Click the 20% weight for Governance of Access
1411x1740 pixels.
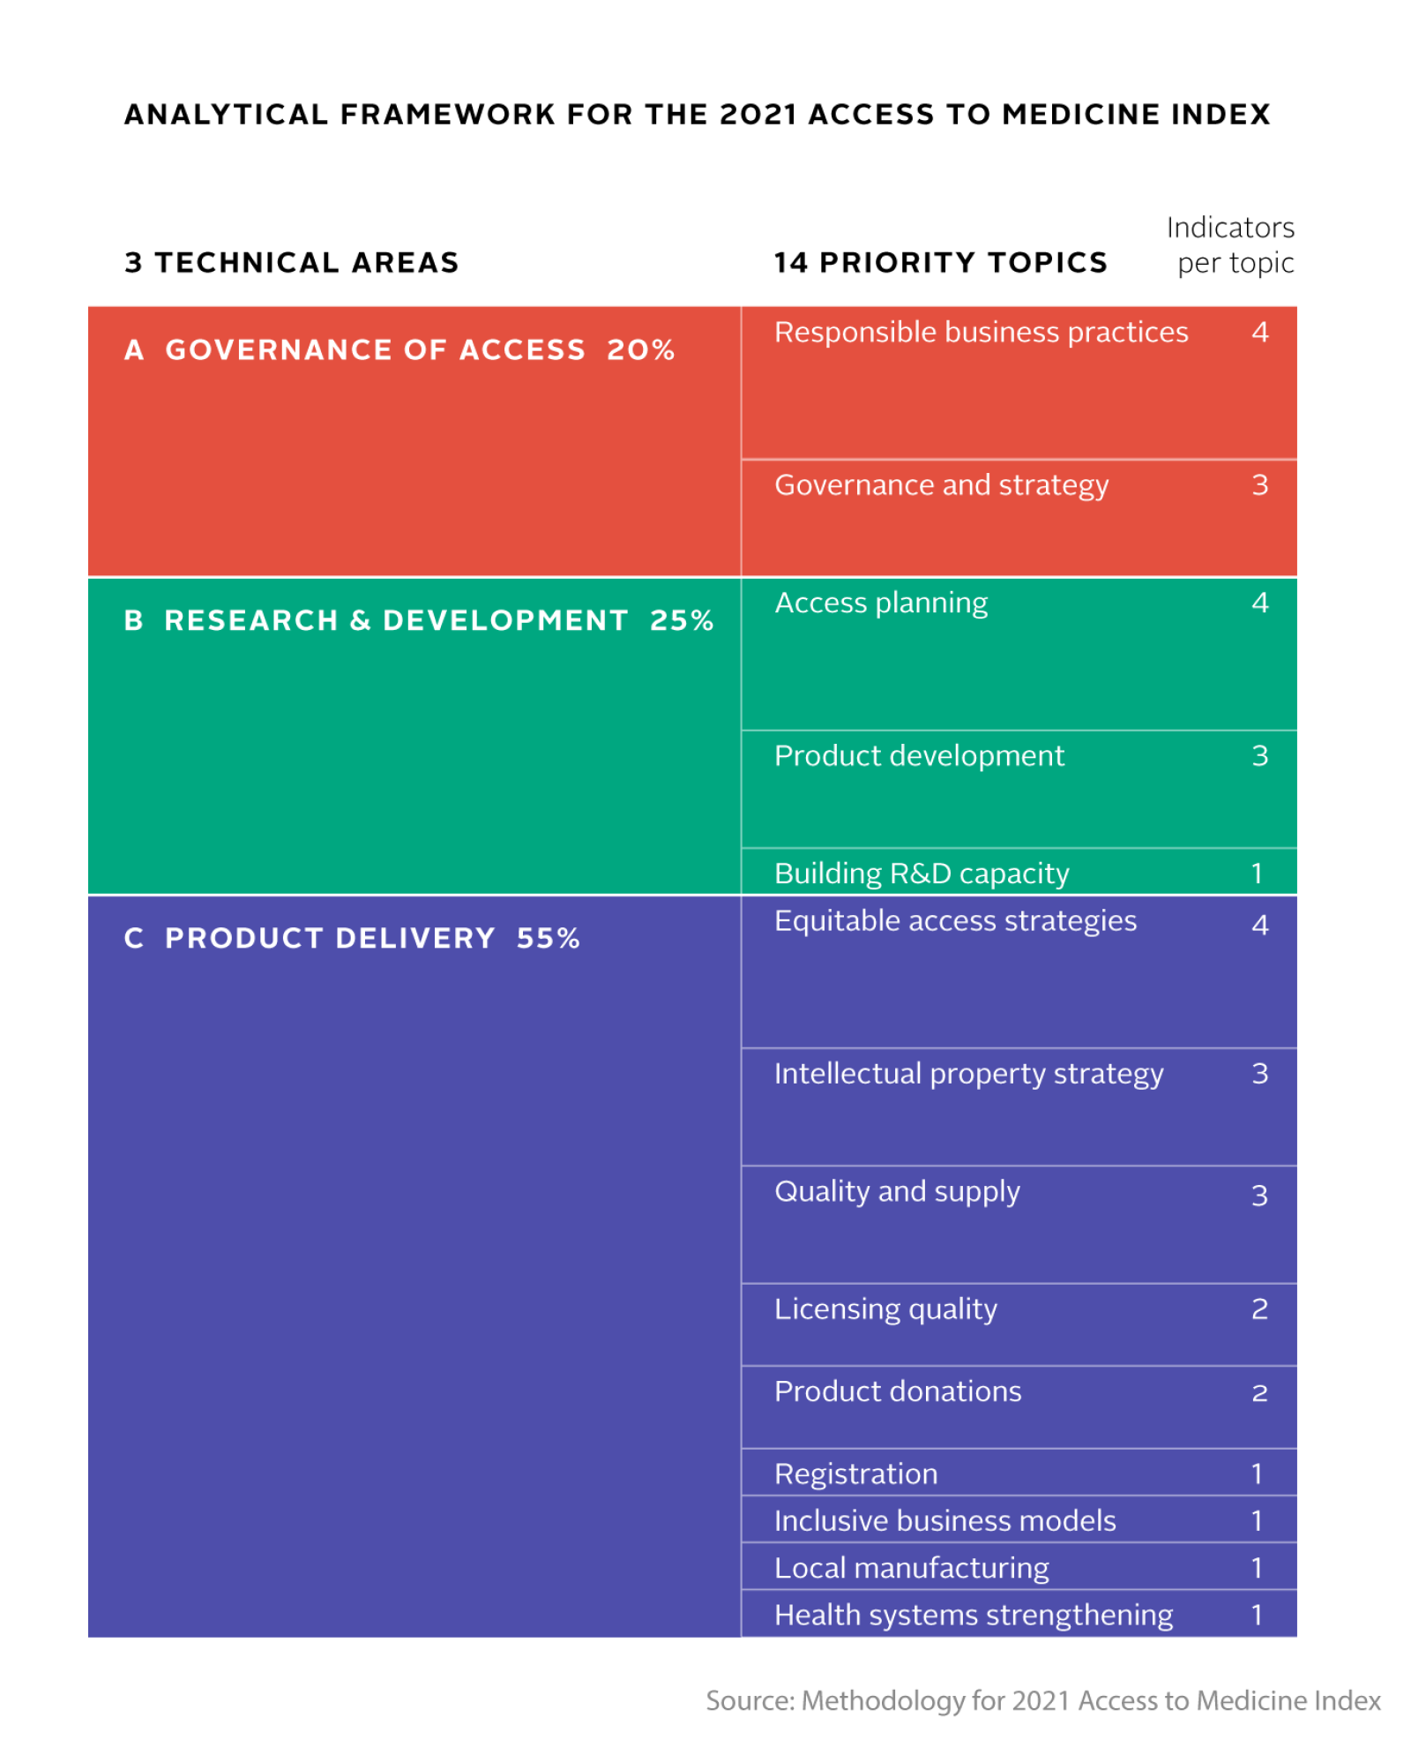point(640,350)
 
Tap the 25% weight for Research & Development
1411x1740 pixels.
point(681,620)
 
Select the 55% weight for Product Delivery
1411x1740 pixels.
point(548,938)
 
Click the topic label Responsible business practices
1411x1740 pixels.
point(981,333)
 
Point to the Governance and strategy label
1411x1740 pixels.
point(941,485)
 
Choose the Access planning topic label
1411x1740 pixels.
point(881,603)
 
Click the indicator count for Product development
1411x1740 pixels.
point(1259,756)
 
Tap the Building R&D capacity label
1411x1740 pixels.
point(921,874)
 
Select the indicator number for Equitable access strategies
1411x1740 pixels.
point(1259,925)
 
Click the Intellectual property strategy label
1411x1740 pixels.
point(968,1074)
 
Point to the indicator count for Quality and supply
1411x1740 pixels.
point(1259,1196)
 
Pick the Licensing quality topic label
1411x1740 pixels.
point(885,1309)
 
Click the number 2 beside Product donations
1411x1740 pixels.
point(1259,1393)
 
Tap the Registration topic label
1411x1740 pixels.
point(855,1474)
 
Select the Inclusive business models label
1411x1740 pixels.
point(944,1520)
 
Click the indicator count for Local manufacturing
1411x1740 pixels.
point(1257,1568)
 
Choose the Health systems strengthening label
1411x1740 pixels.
point(973,1615)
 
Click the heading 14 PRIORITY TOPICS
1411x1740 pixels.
point(940,263)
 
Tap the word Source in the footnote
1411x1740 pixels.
point(749,1700)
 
